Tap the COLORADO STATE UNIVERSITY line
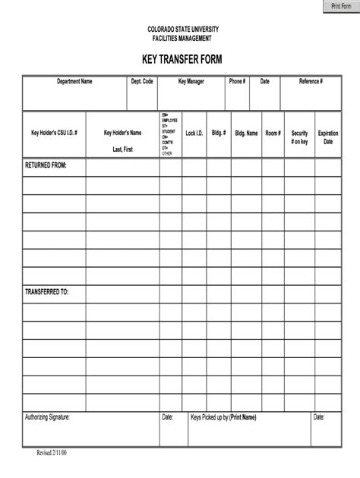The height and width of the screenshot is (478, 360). (x=180, y=29)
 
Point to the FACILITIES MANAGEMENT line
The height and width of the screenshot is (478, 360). (x=180, y=38)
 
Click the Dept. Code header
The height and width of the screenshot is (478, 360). (x=142, y=81)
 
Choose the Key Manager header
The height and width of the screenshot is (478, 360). (x=191, y=81)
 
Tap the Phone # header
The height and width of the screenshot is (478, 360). (x=237, y=81)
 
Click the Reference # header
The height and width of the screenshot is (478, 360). (x=311, y=81)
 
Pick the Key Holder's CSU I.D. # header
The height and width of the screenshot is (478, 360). (x=54, y=133)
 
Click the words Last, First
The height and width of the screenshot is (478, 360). (x=122, y=149)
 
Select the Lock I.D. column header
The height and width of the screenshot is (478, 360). (x=194, y=133)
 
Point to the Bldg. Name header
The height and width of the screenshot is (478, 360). (x=246, y=133)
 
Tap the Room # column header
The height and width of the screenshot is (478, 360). (x=273, y=133)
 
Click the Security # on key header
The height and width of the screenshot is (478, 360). (x=299, y=137)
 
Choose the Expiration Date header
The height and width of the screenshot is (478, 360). (x=328, y=137)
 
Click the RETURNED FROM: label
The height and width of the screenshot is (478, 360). (x=46, y=164)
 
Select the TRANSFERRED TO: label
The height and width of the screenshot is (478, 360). (x=47, y=291)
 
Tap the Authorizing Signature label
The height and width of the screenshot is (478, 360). (x=53, y=417)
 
